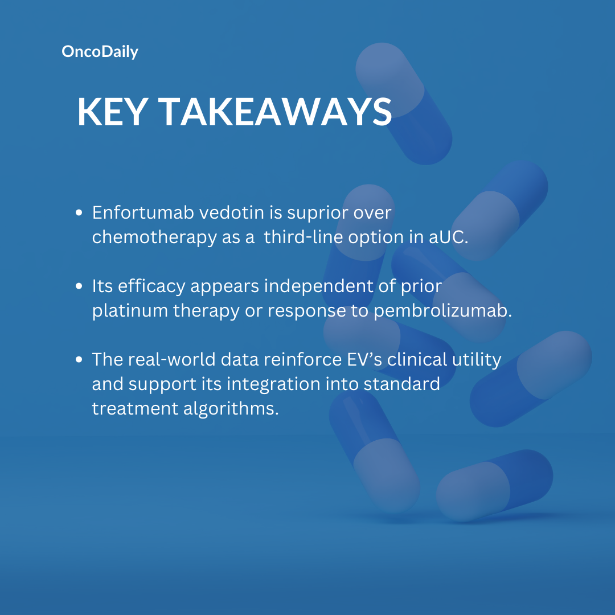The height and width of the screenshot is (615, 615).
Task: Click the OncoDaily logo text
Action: point(100,52)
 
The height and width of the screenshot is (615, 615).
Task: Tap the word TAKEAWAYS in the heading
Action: point(275,112)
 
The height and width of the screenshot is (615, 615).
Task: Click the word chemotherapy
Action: point(154,237)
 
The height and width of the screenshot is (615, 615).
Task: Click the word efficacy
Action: point(151,286)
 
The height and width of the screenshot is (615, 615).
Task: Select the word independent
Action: point(318,286)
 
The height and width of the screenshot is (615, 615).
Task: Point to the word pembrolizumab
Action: point(443,310)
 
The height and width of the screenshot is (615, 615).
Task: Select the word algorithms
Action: point(231,409)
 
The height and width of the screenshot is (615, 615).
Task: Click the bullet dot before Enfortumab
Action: point(79,212)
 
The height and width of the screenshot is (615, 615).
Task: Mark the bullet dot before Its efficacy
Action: point(79,286)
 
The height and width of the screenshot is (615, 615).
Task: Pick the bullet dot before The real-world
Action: point(79,359)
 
